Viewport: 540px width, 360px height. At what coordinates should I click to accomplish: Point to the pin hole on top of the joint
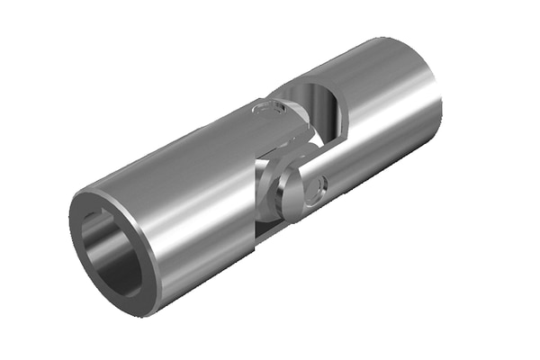point(269,109)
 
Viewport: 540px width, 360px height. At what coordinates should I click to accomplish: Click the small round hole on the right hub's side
point(314,188)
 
